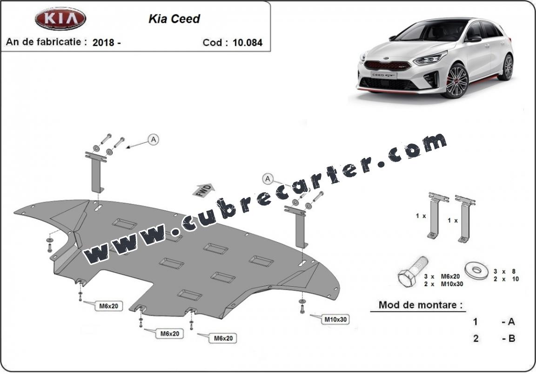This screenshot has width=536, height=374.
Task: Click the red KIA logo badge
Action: pos(60,18)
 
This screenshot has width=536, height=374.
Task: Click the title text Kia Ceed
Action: pos(174,19)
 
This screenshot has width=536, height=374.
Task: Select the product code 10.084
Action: pos(248,43)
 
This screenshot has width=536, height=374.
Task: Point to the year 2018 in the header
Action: pos(104,43)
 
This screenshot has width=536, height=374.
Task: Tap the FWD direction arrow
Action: pos(204,190)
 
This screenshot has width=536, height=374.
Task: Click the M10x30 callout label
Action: pos(335,320)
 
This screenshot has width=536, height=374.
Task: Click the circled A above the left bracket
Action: pos(154,139)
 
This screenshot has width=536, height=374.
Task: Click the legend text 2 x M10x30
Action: pos(443,284)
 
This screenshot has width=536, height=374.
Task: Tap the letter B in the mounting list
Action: pos(512,339)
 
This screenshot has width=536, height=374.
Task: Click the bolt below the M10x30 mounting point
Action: pos(302,309)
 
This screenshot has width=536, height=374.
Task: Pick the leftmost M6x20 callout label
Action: pos(109,306)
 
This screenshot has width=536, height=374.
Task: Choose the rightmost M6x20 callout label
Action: pos(223,338)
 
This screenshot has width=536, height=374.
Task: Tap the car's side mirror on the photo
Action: pos(474,38)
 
